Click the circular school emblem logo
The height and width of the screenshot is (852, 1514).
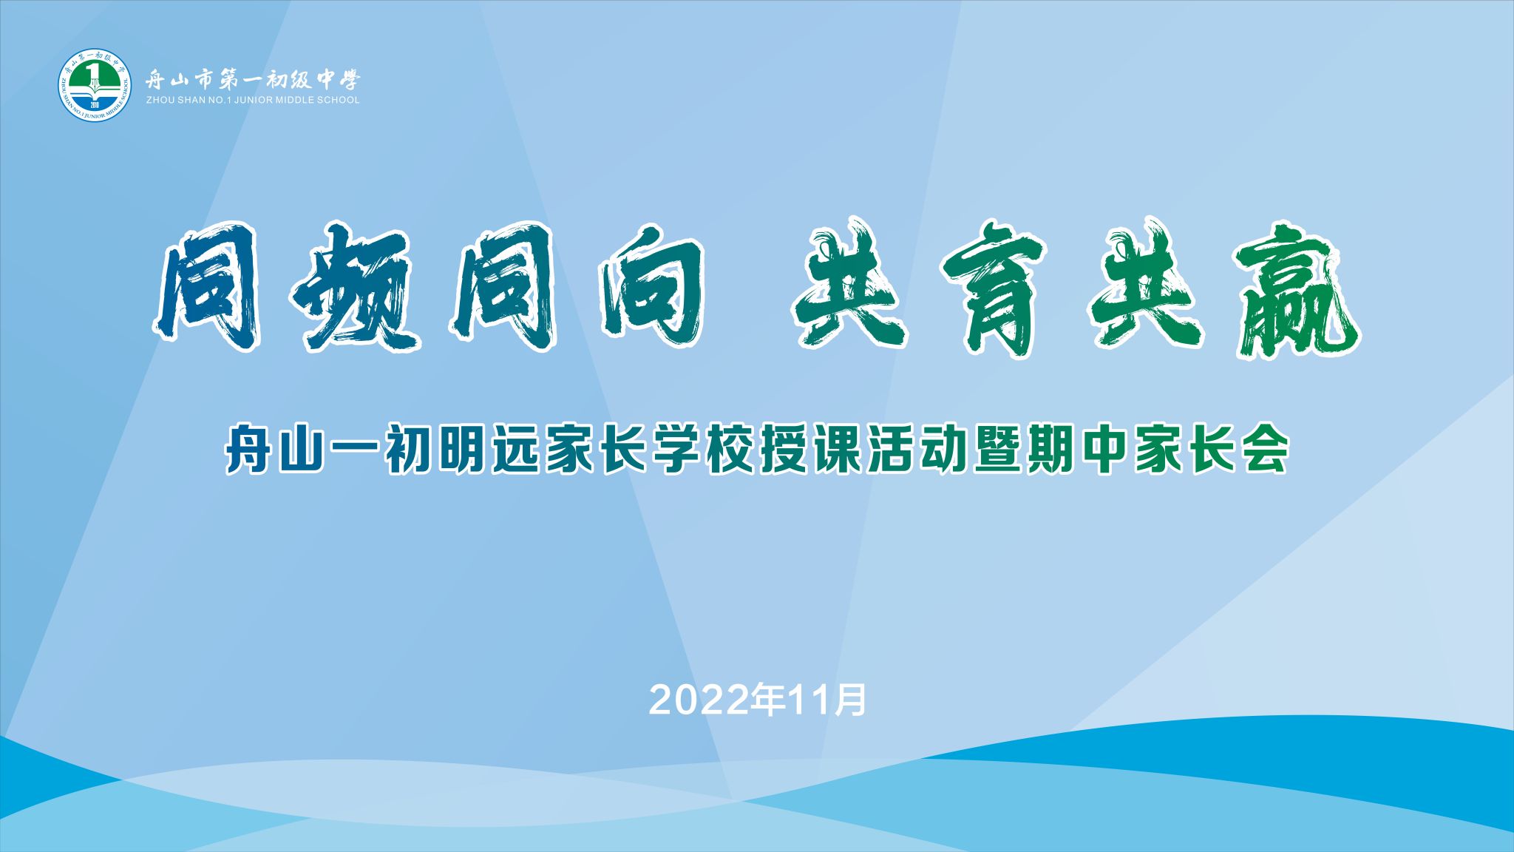tap(95, 85)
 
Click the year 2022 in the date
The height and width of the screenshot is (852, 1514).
tap(699, 700)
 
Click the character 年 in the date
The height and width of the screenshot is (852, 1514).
tap(769, 700)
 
